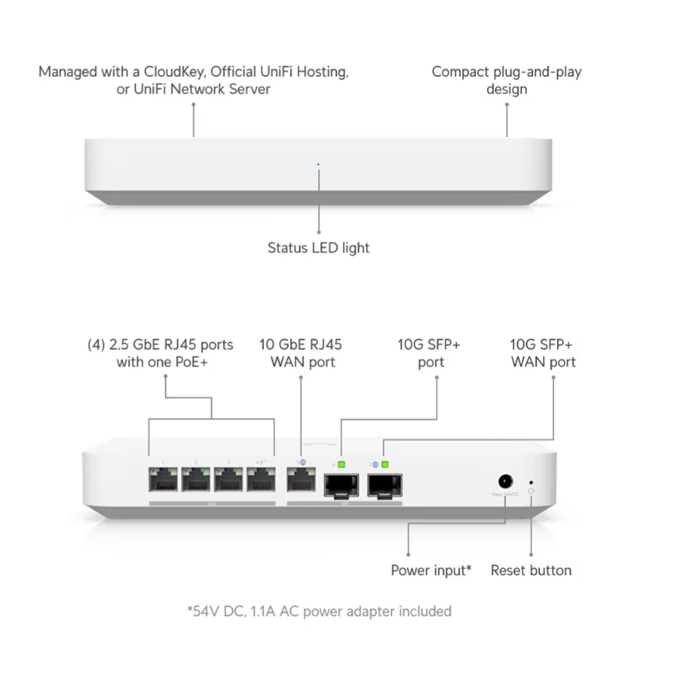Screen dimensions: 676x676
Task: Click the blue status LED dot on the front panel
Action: (x=318, y=164)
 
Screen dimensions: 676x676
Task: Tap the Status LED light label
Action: (x=318, y=248)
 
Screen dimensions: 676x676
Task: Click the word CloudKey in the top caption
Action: (x=174, y=72)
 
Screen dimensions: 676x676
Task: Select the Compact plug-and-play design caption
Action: (x=507, y=80)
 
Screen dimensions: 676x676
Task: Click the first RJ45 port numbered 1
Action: (x=163, y=480)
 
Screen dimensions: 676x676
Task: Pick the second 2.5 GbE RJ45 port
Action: (x=196, y=480)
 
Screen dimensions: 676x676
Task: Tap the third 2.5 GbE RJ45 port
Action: (x=228, y=480)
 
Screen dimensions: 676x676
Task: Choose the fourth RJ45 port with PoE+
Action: (x=261, y=480)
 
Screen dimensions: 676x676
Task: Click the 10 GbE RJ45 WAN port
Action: (x=301, y=480)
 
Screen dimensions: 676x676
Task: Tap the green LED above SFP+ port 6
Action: (x=341, y=465)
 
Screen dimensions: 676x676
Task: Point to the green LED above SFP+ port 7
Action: (x=385, y=465)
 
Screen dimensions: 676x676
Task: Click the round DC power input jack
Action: (x=505, y=481)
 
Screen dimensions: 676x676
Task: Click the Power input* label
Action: (x=431, y=570)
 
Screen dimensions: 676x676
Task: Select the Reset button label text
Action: (x=531, y=570)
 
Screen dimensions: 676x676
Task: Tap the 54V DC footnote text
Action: (x=319, y=611)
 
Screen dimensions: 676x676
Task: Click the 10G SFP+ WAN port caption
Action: (x=542, y=353)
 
